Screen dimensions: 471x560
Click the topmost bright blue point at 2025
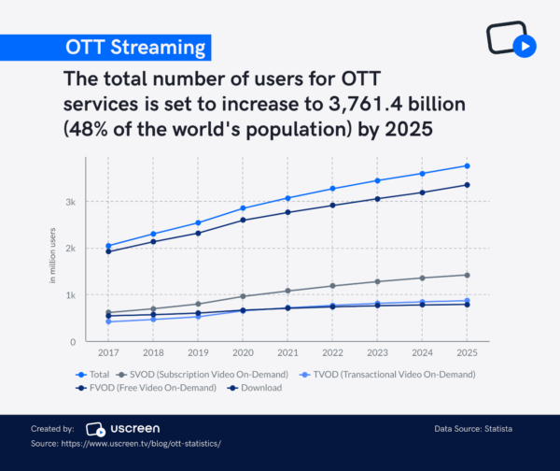coord(467,166)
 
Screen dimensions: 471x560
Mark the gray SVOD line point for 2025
coord(467,275)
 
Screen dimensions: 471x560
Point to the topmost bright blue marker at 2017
coord(108,246)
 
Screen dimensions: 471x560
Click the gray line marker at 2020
coord(243,296)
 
